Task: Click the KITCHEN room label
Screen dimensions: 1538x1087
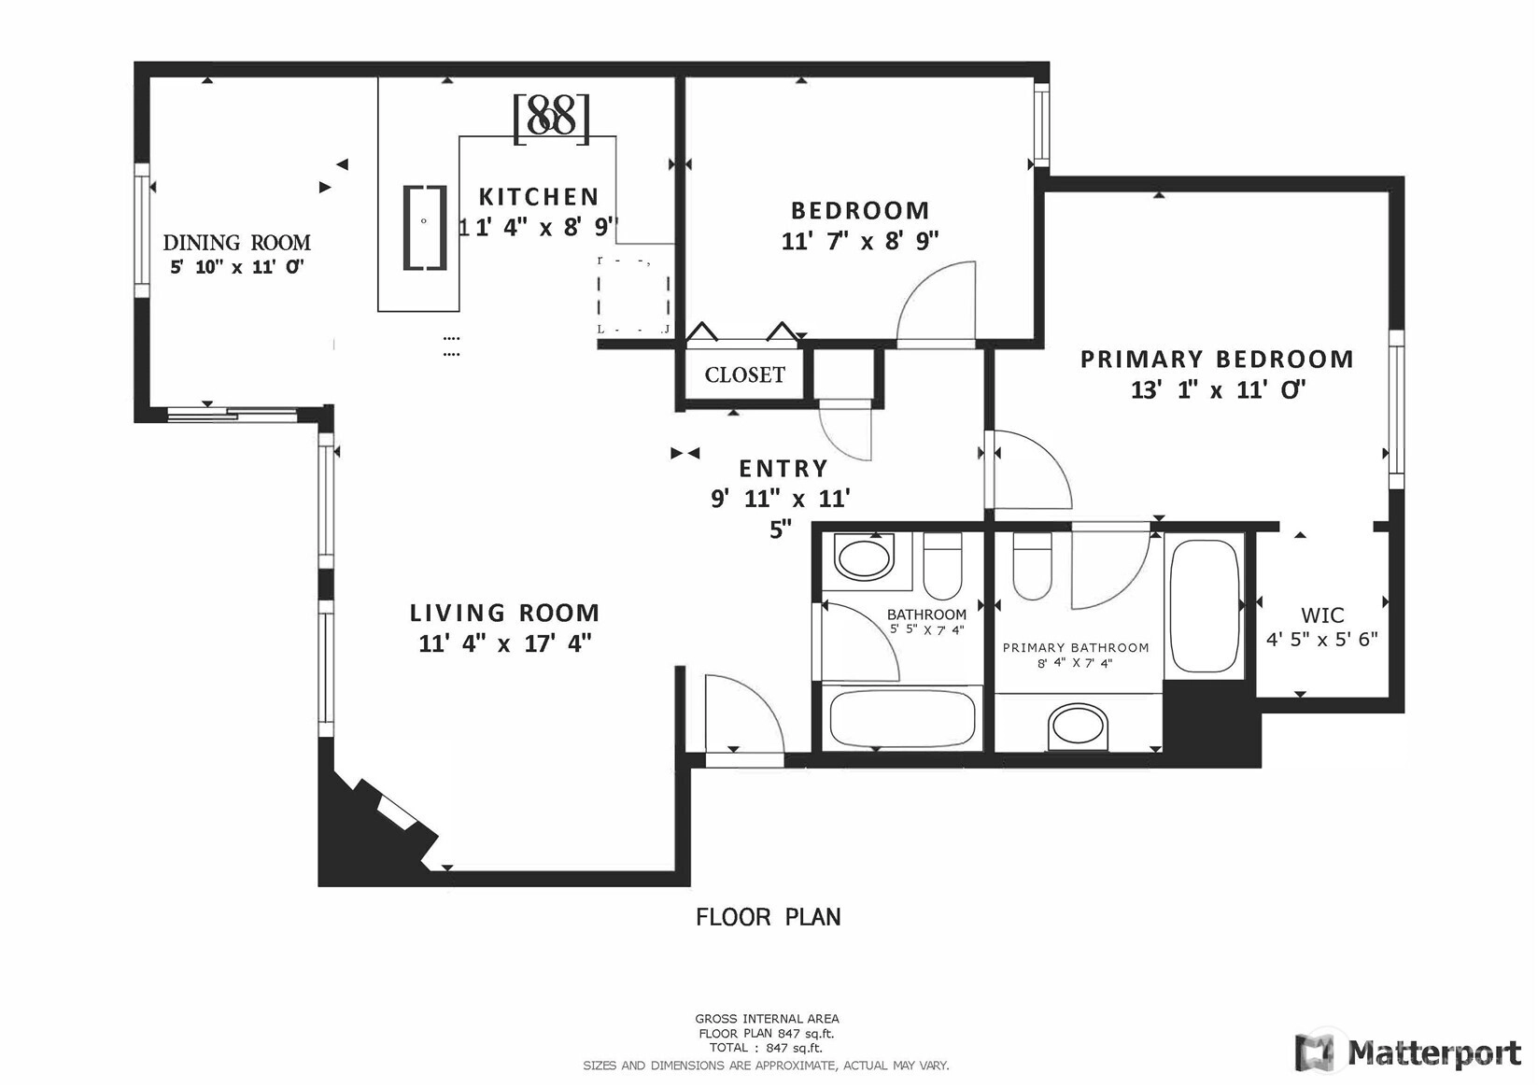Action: tap(539, 197)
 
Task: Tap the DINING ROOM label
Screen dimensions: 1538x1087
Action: tap(237, 243)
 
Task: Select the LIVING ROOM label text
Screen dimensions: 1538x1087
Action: tap(504, 613)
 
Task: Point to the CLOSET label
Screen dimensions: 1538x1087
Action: tap(745, 374)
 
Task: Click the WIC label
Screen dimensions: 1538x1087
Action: tap(1322, 614)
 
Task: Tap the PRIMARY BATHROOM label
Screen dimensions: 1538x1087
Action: tap(1076, 647)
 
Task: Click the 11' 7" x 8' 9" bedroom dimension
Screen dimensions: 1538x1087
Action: tap(860, 241)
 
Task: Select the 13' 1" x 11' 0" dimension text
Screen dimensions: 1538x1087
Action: tap(1218, 390)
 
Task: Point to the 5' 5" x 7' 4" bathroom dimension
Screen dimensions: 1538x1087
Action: tap(927, 629)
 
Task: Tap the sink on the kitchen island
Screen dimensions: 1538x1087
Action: tap(425, 227)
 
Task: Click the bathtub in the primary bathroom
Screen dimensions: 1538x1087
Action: tap(1205, 606)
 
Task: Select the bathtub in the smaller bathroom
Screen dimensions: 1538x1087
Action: tap(902, 718)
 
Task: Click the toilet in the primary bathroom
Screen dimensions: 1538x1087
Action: tap(1032, 567)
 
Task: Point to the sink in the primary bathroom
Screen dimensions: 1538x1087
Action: tap(1078, 727)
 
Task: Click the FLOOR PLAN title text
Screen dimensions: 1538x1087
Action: tap(769, 917)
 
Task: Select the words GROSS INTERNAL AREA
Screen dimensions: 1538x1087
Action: tap(767, 1019)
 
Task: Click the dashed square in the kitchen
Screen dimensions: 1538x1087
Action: tap(633, 297)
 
